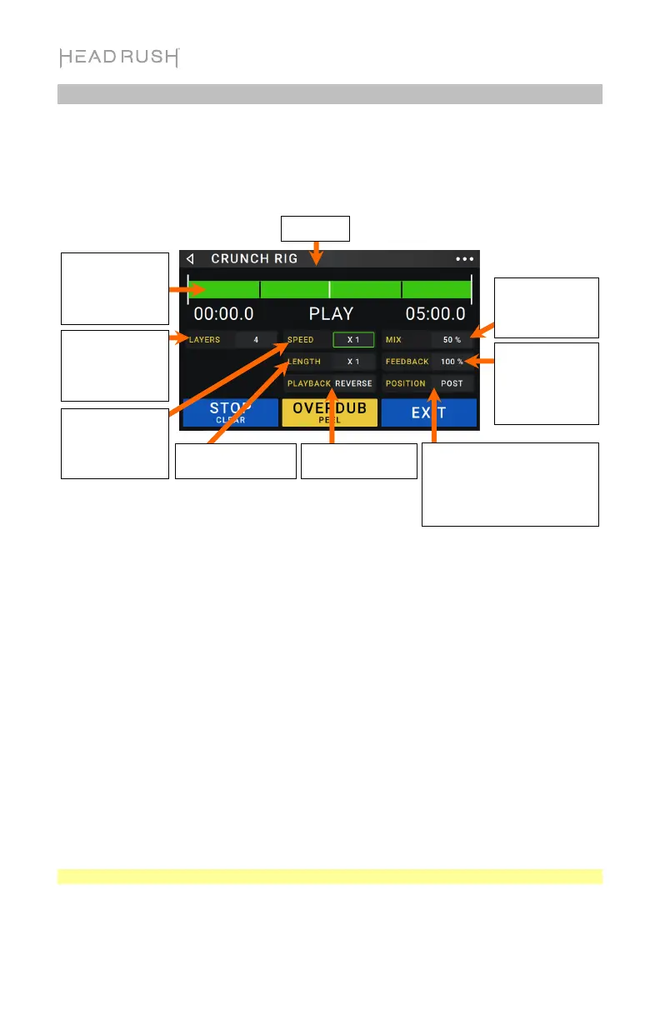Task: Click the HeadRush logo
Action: point(119,57)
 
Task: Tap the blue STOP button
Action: point(231,412)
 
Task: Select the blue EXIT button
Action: point(428,412)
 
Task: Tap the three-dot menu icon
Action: point(463,259)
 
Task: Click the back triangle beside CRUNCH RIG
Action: point(190,258)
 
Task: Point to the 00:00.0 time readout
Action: point(223,314)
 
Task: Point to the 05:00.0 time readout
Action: point(435,314)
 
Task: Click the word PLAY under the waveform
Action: point(331,314)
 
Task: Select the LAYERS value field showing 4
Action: point(256,340)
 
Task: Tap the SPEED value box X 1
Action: point(353,340)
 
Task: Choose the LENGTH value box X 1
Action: point(353,362)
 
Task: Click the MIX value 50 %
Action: point(452,340)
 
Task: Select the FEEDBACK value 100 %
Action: point(452,362)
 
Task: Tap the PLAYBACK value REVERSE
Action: point(354,383)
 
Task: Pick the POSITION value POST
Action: point(452,383)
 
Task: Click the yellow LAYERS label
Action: point(204,340)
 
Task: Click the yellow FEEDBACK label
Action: point(407,362)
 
